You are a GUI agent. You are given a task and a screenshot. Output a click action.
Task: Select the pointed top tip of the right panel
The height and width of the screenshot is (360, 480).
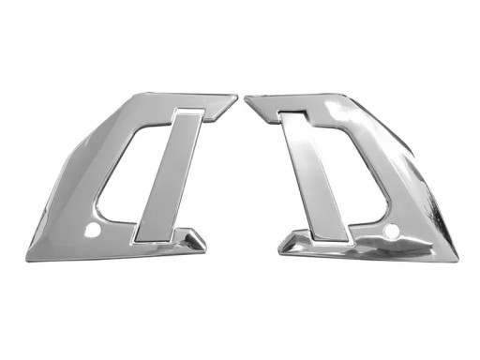(246, 97)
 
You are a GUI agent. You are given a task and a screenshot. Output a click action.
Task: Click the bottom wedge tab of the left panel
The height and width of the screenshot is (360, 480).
(192, 241)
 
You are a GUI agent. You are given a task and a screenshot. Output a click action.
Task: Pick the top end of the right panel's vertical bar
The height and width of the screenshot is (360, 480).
(292, 115)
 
